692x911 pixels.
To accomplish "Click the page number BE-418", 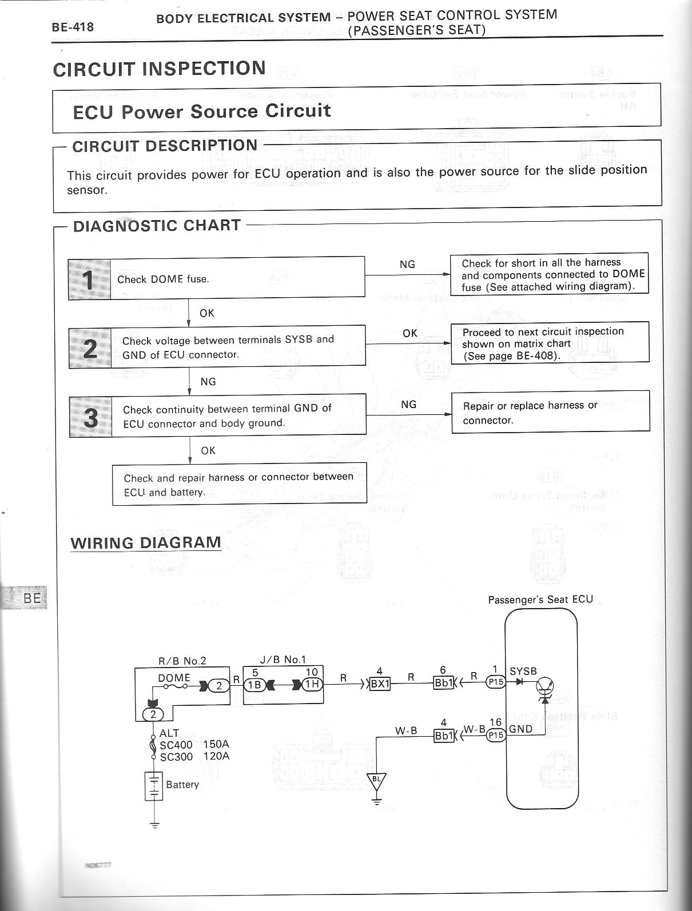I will coord(73,27).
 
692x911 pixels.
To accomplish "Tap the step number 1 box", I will coord(89,279).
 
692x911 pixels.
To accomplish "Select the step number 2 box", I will coord(90,347).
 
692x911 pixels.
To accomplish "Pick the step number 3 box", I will coord(90,416).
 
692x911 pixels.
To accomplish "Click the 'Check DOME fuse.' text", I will coord(163,279).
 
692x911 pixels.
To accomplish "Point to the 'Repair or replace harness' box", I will coord(550,411).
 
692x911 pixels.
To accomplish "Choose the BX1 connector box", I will coord(380,684).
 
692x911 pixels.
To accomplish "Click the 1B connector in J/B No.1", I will coord(254,684).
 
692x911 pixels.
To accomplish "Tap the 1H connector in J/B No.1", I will coord(312,684).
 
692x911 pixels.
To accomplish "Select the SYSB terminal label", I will coord(523,671).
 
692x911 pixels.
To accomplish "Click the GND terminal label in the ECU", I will coord(520,729).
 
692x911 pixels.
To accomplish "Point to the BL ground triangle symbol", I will coord(376,780).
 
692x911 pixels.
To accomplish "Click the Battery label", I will coord(182,784).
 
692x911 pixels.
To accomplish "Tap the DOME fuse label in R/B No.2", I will coord(174,677).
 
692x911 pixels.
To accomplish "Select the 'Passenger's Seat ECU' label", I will coord(540,600).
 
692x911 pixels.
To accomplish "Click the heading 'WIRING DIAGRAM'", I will coord(146,542).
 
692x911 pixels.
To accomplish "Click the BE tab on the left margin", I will coord(31,598).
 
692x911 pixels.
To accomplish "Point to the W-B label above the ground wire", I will coord(406,730).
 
